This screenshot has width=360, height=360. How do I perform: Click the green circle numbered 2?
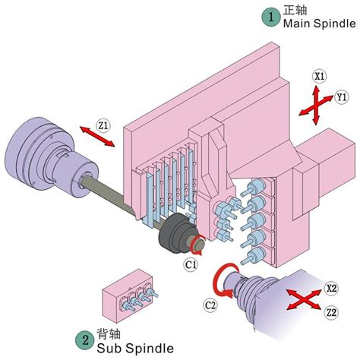(x=83, y=340)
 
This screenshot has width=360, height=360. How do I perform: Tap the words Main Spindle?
(x=318, y=24)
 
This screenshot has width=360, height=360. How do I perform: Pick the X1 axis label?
(x=320, y=76)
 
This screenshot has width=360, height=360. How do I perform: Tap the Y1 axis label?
(x=342, y=97)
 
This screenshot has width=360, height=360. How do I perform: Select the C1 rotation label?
(x=191, y=264)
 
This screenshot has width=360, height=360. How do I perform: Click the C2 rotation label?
(x=213, y=305)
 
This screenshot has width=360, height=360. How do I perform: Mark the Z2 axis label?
(x=331, y=312)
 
